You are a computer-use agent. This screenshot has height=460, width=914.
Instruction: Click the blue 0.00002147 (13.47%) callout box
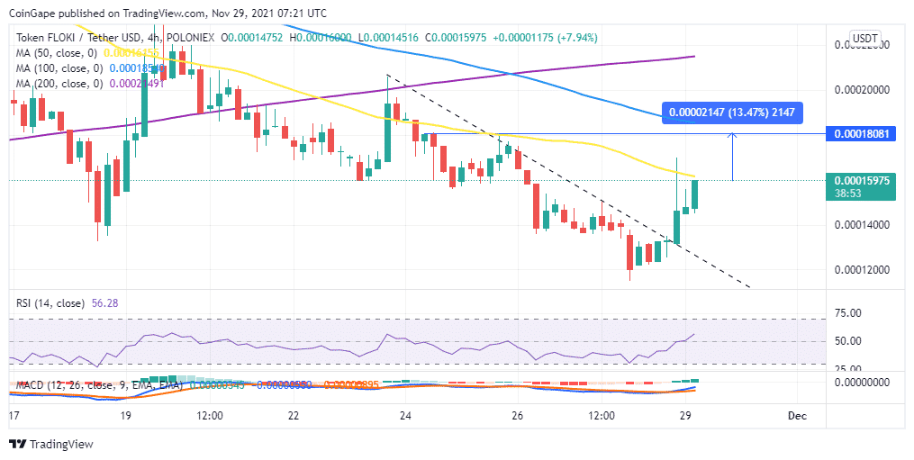pos(731,113)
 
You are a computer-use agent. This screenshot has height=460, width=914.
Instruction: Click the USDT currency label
pos(864,38)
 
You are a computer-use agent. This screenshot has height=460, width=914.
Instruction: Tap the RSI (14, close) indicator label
pos(50,302)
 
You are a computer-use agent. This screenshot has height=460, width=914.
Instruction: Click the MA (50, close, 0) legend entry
pos(58,53)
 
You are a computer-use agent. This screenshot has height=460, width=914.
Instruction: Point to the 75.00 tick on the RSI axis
pos(847,313)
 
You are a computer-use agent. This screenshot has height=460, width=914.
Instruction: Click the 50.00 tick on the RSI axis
pos(847,341)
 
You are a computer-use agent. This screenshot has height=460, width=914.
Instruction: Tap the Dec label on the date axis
pos(796,416)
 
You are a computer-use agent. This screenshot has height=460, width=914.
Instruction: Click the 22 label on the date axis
pos(294,416)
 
